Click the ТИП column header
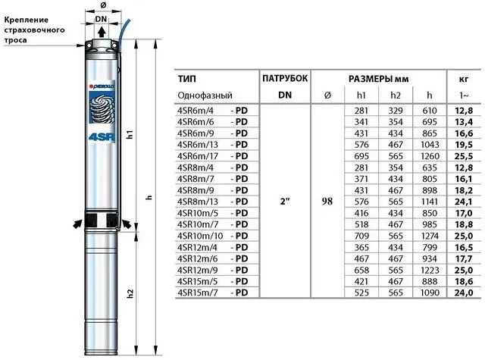[x=187, y=79]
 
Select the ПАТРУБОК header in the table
[x=285, y=78]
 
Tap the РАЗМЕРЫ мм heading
[x=379, y=79]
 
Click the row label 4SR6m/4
[x=196, y=111]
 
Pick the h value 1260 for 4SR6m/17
[x=430, y=156]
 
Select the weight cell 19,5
[x=464, y=145]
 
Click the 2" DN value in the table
[x=285, y=202]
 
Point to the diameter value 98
[x=327, y=202]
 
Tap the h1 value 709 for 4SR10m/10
[x=361, y=236]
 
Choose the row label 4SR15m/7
[x=198, y=293]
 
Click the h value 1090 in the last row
[x=430, y=293]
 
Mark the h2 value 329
[x=396, y=111]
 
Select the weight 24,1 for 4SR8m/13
[x=464, y=202]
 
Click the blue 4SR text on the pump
[x=102, y=136]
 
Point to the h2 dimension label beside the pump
[x=130, y=293]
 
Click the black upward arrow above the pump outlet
[x=102, y=32]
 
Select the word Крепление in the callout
[x=27, y=20]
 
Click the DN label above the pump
[x=101, y=19]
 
